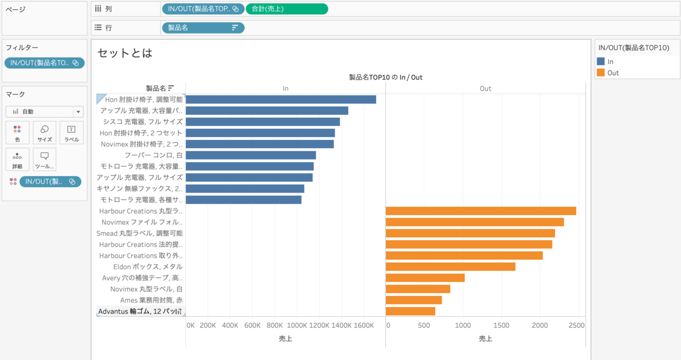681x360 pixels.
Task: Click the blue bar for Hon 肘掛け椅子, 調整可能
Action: pos(281,99)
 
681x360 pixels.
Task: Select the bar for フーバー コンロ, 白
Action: pos(251,155)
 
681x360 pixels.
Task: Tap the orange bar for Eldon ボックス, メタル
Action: pos(451,266)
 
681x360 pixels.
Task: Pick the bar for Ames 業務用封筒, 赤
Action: pos(414,300)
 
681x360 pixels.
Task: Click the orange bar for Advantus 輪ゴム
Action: pos(410,311)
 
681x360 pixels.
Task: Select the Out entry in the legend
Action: pos(613,73)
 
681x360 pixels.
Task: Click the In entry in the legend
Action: pos(610,61)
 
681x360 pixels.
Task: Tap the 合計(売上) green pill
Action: pos(287,9)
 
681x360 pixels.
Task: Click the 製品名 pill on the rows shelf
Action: pos(203,27)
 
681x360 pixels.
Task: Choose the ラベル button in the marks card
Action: pos(72,132)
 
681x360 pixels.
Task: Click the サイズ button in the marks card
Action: pos(44,132)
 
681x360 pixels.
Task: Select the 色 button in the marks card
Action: pos(17,132)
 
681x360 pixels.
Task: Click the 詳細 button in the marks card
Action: pos(17,160)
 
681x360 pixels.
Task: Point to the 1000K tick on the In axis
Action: pos(297,325)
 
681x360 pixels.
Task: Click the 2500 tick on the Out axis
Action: pos(577,325)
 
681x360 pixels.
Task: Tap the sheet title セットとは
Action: pos(125,53)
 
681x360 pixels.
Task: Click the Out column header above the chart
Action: pos(485,89)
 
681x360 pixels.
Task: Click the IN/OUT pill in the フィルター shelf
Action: pos(44,63)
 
